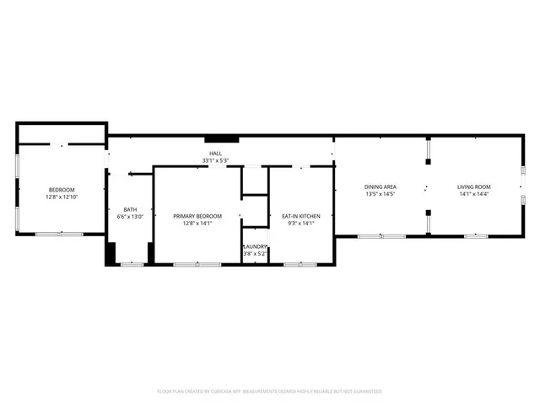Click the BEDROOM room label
coord(62,189)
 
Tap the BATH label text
coord(130,209)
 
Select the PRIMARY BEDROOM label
coord(197,216)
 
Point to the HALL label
coord(215,154)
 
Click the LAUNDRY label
coord(256,246)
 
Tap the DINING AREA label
coord(381,186)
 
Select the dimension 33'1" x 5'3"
coord(215,160)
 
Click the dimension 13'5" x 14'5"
coord(381,194)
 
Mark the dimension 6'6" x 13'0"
coord(130,217)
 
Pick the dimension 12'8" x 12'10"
coord(62,197)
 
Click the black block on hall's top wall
coord(217,139)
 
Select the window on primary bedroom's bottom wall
coord(186,264)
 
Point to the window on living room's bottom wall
coord(476,236)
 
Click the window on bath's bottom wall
coord(132,264)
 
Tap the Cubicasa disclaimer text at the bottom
coord(270,391)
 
